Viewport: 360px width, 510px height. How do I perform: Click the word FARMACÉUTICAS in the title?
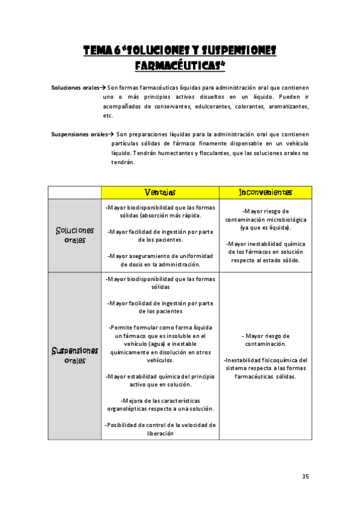coord(180,64)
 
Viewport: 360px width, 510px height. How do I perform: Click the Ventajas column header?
coord(160,192)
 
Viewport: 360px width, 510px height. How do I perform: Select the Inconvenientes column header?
coord(266,192)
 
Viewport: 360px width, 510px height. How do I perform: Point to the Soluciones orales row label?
coord(75,235)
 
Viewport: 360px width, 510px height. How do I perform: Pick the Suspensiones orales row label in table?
coord(75,355)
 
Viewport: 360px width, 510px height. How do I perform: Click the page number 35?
coord(305,476)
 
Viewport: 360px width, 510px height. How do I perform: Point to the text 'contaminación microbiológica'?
coord(266,220)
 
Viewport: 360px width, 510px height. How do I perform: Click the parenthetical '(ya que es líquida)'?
coord(266,228)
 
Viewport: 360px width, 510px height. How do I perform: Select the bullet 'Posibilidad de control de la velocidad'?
coord(160,425)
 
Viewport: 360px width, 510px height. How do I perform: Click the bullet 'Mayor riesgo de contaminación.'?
coord(266,340)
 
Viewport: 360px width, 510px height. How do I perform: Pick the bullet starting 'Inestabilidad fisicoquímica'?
coord(266,360)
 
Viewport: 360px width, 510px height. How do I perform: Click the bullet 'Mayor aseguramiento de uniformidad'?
coord(160,256)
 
